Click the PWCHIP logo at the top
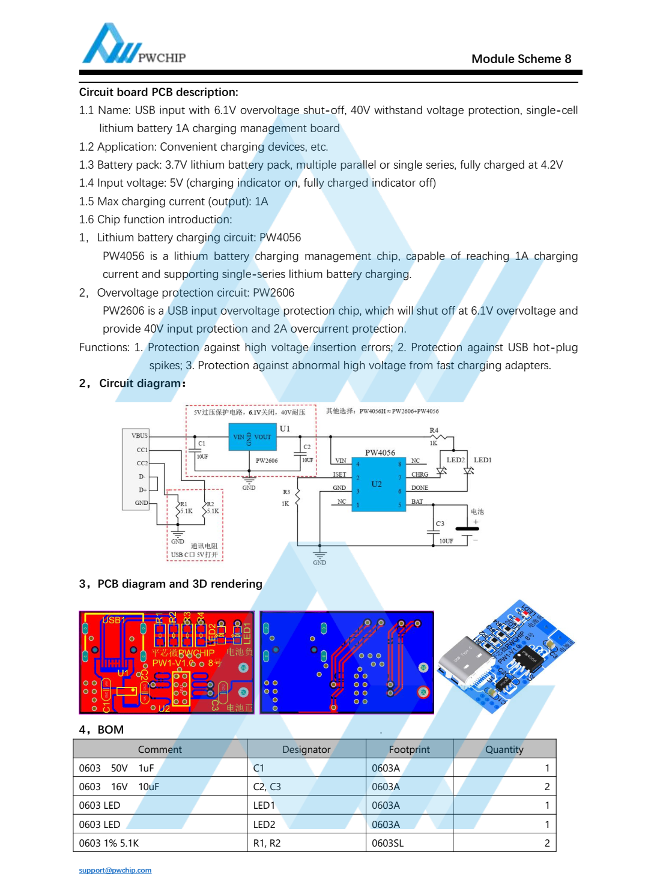[x=133, y=45]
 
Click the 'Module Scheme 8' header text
[x=521, y=59]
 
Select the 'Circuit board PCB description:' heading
[x=159, y=92]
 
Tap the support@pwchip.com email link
[x=115, y=870]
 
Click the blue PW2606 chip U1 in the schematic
[x=252, y=437]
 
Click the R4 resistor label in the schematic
[x=434, y=430]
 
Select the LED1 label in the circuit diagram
[x=482, y=460]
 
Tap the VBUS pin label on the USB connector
[x=139, y=435]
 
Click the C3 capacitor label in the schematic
[x=440, y=524]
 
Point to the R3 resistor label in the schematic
[x=286, y=492]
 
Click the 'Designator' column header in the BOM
[x=306, y=749]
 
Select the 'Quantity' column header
[x=504, y=749]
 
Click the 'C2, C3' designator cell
[x=267, y=787]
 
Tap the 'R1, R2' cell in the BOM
[x=267, y=843]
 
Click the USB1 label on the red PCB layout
[x=114, y=620]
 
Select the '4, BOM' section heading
[x=101, y=729]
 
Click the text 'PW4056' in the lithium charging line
[x=280, y=237]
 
